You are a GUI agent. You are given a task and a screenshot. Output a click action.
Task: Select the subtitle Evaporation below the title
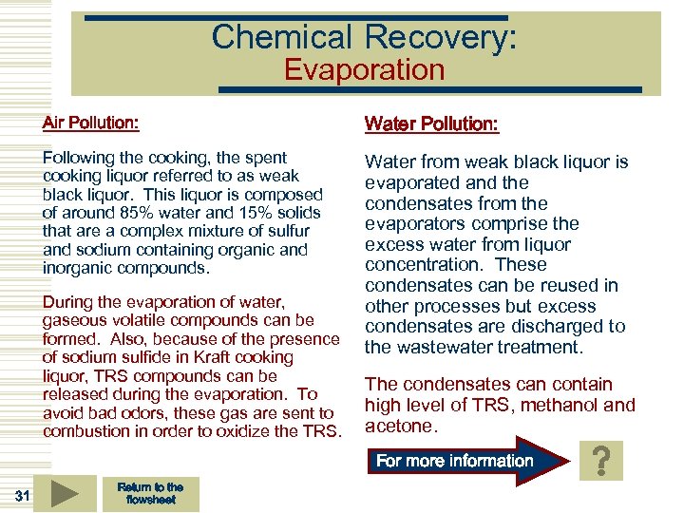tap(364, 70)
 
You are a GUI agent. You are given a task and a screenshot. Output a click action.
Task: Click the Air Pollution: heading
tap(90, 123)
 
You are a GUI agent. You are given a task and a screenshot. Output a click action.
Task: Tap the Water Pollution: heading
tap(431, 124)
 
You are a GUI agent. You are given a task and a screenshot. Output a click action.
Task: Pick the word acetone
tap(398, 427)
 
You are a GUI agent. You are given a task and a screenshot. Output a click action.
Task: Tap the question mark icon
tap(600, 462)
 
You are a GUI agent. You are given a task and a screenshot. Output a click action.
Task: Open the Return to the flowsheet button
tap(150, 493)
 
